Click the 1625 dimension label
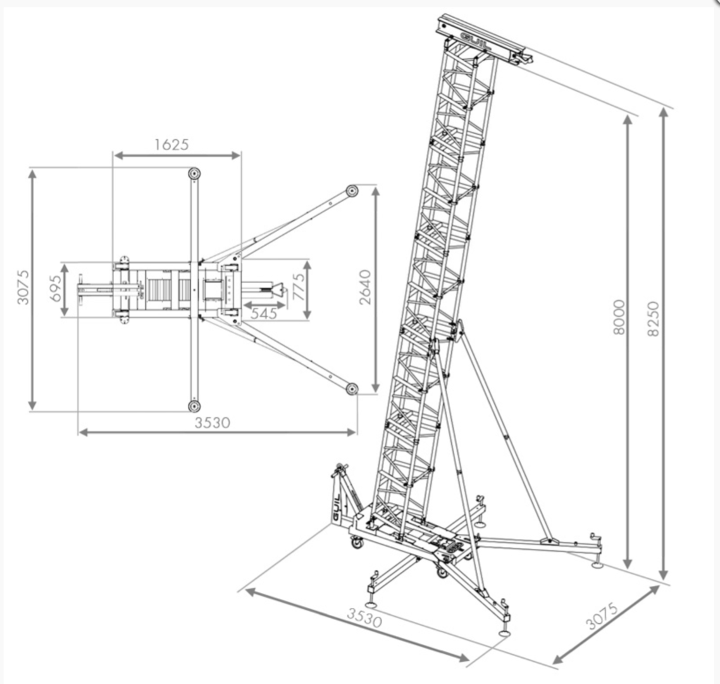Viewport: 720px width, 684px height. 171,144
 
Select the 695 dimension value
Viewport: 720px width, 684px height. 55,289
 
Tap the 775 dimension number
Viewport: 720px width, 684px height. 299,288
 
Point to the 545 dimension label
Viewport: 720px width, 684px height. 264,313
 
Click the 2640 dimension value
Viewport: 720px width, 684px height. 365,288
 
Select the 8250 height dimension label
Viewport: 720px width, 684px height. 653,319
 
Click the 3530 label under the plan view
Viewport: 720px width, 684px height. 212,422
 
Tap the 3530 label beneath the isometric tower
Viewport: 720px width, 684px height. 364,617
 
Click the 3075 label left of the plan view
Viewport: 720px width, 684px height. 23,288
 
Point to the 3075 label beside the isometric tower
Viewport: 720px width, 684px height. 602,616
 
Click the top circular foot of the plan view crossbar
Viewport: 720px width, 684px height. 194,174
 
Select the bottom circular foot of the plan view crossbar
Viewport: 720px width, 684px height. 194,406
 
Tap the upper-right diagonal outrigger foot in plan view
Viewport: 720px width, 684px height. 352,191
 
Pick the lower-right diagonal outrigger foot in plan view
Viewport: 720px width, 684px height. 352,389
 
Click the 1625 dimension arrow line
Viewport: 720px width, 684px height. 177,155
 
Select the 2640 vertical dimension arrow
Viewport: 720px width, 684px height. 376,290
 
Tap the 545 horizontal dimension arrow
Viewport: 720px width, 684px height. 264,305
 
